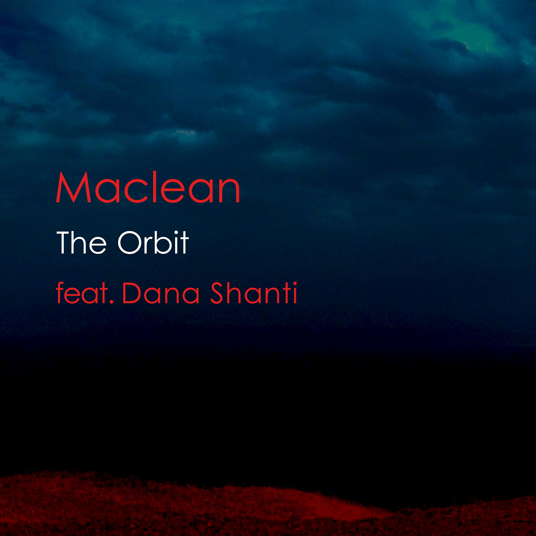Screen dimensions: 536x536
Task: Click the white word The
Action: point(82,242)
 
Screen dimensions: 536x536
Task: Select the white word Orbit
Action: point(153,242)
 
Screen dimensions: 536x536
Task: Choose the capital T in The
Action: point(64,242)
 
